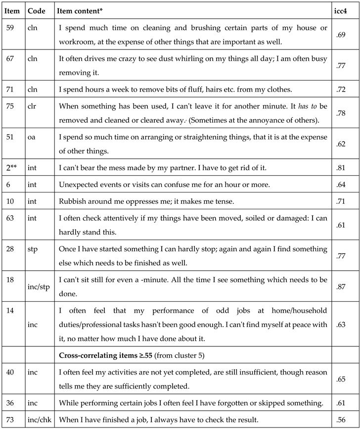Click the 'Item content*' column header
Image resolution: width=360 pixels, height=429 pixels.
pyautogui.click(x=77, y=10)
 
